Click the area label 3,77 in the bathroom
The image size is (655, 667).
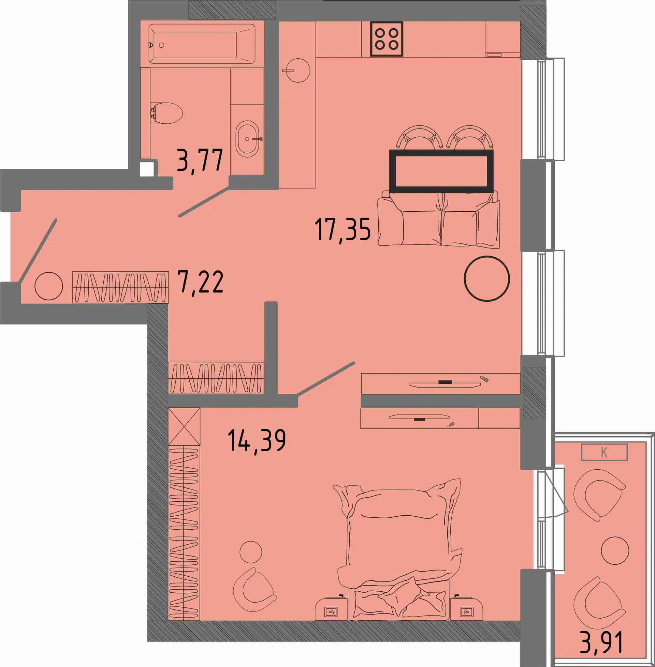click(x=200, y=160)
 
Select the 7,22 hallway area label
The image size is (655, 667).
click(x=201, y=282)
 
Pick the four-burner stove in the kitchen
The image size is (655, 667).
click(x=387, y=39)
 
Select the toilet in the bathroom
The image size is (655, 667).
click(x=167, y=113)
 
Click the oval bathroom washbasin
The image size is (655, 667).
click(x=247, y=139)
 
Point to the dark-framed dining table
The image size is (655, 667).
click(x=441, y=171)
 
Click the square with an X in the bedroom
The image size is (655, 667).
click(x=184, y=427)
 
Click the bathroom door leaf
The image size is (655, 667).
click(x=204, y=202)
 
